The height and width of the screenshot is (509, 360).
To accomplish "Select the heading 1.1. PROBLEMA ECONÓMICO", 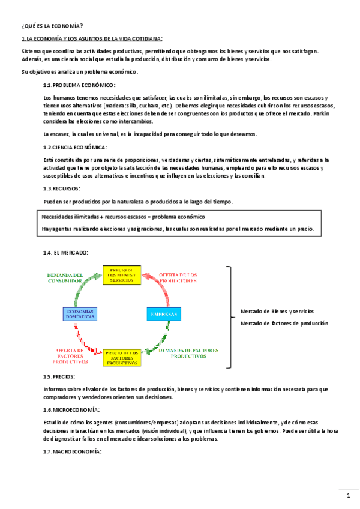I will click(x=79, y=85).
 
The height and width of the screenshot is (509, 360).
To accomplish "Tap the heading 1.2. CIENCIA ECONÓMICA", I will click(x=75, y=147).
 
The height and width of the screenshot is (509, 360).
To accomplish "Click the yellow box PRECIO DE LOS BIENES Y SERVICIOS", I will click(x=121, y=275).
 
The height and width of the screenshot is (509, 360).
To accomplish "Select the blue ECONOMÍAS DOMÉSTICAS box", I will click(x=80, y=314).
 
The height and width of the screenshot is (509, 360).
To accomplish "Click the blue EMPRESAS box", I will click(x=164, y=314).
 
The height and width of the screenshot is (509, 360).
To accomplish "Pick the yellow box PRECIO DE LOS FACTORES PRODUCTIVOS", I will click(x=122, y=357).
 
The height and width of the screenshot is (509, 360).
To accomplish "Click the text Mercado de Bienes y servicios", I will click(x=277, y=311).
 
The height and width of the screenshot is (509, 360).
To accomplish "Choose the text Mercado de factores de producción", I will click(x=284, y=323).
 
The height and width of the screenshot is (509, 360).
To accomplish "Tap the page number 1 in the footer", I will click(x=348, y=495).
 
